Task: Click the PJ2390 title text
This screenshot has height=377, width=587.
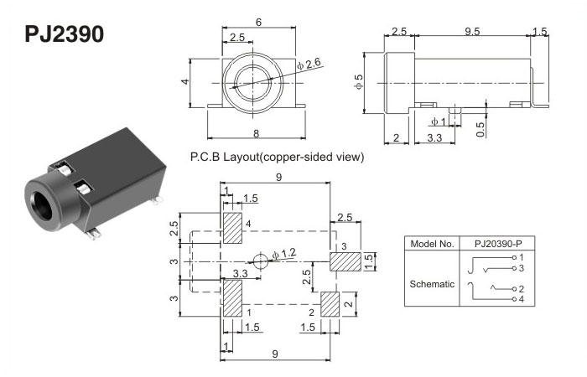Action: pos(64,34)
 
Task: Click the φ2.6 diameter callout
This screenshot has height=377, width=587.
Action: pos(311,65)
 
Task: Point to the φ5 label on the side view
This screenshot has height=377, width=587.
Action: pos(360,84)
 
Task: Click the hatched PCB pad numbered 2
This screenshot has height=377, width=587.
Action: pos(330,304)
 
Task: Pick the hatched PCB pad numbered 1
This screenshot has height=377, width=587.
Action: pos(232,297)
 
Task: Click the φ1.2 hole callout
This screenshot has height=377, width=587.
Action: pos(285,252)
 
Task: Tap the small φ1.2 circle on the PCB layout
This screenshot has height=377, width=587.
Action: pos(259,261)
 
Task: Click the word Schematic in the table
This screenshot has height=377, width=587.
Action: pos(431,283)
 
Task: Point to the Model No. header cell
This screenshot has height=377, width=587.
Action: pos(431,244)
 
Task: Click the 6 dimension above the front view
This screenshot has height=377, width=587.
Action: pos(257,23)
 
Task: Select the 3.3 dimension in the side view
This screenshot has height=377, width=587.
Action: pos(435,137)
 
